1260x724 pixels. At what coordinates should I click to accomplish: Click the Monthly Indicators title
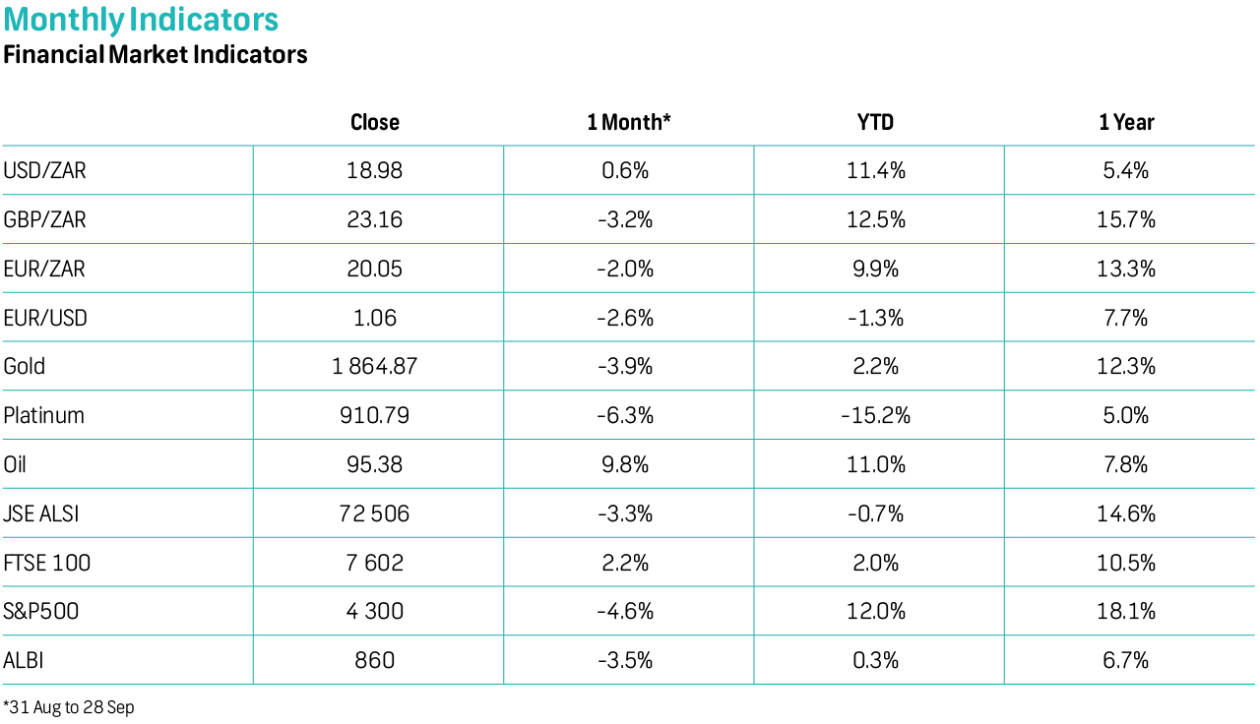tap(141, 20)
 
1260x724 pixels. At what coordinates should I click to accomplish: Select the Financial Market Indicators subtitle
tap(156, 54)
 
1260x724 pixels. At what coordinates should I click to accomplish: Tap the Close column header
tap(375, 122)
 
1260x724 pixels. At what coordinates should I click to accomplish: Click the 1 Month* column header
tap(629, 122)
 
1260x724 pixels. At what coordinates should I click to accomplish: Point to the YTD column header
tap(875, 122)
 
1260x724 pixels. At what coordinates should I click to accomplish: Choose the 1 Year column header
tap(1126, 122)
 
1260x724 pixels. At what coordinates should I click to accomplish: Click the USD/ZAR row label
tap(45, 170)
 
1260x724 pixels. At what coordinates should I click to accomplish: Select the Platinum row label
tap(44, 415)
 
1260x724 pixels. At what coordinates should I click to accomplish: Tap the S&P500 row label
tap(41, 611)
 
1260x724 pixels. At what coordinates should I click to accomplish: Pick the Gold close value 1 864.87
tap(375, 366)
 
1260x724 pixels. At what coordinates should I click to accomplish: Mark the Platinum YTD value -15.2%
tap(875, 415)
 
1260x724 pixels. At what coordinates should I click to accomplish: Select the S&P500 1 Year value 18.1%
tap(1126, 611)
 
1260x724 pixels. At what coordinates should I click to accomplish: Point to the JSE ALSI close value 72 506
tap(375, 513)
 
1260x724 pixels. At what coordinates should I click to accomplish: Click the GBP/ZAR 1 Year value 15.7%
tap(1126, 219)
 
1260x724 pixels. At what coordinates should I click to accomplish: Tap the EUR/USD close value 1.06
tap(375, 318)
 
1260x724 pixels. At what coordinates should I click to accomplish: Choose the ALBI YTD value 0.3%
tap(875, 660)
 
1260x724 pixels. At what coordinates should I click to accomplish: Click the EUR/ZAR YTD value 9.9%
tap(875, 269)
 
